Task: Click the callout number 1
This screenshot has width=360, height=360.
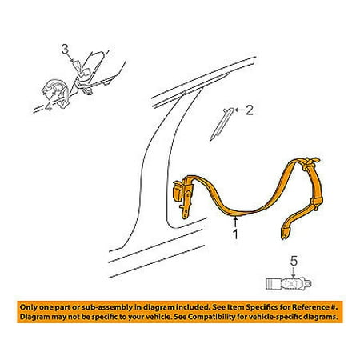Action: coord(235,234)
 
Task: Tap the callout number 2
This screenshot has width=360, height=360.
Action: coord(249,110)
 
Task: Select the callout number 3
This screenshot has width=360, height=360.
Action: coord(65,50)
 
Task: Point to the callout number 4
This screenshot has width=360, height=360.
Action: coord(48,107)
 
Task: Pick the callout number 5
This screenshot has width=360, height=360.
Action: coord(294,262)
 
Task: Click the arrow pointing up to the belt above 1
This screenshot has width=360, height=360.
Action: coord(235,222)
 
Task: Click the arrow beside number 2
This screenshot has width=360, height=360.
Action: coord(239,110)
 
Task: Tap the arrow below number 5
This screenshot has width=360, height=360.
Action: coord(294,273)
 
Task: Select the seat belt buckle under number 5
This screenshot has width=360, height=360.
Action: coord(289,283)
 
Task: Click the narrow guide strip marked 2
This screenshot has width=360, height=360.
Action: coord(222,124)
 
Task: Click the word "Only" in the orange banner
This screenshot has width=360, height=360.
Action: coord(27,307)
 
